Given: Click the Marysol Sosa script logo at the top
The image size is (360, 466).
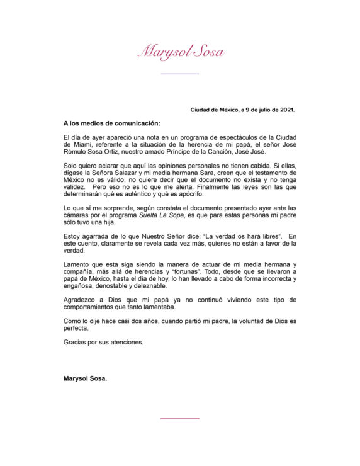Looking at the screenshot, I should [x=181, y=51].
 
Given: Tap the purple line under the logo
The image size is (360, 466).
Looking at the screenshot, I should [x=180, y=74].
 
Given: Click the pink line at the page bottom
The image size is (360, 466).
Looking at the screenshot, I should [x=180, y=418].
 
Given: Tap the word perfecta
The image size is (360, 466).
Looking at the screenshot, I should [x=79, y=328].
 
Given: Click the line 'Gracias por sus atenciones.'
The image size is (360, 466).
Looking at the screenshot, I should [x=103, y=342].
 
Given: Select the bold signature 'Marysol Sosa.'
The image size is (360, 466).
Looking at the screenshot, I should [x=86, y=378].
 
